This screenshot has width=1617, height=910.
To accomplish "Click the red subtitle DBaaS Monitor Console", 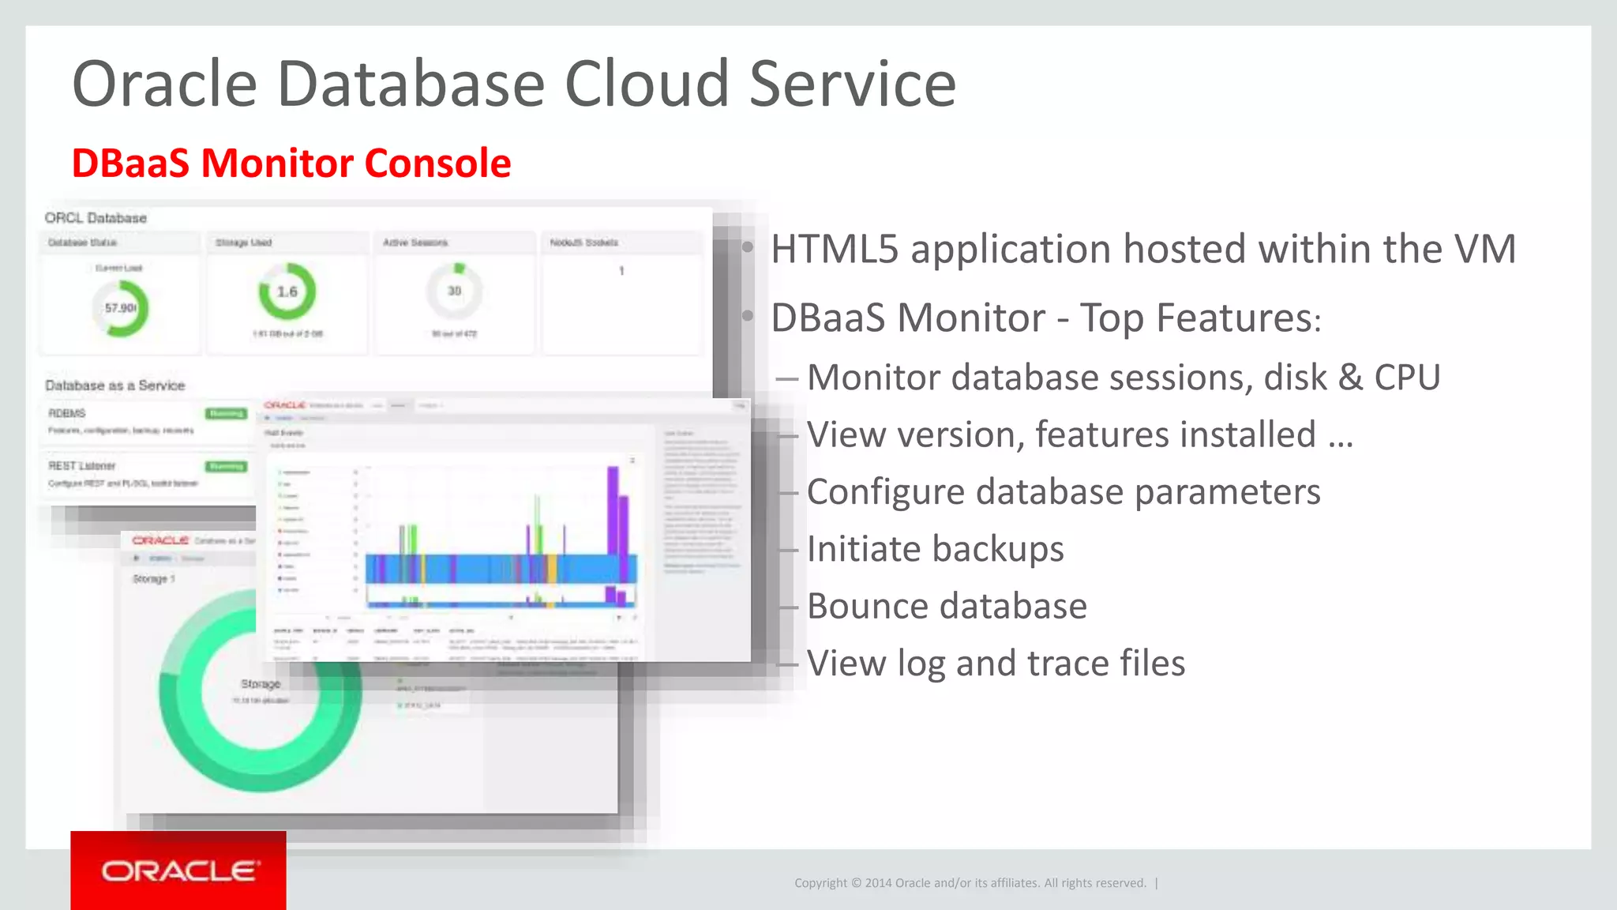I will [x=291, y=164].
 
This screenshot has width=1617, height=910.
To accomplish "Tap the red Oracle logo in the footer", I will [x=178, y=871].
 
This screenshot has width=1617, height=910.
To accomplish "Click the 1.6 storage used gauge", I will [x=287, y=291].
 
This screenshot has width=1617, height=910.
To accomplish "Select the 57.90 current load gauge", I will [x=121, y=308].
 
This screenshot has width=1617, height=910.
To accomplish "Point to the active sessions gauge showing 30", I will [x=454, y=291].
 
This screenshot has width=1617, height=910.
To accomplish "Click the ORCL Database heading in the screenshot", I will [x=96, y=218].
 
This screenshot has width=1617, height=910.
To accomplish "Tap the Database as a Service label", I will [x=114, y=385].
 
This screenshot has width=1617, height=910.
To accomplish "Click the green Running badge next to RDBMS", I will [x=227, y=413].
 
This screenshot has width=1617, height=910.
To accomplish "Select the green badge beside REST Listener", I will [x=227, y=466].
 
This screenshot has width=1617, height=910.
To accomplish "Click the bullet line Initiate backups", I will [x=935, y=549].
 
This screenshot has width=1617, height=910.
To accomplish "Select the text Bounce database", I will [x=946, y=607].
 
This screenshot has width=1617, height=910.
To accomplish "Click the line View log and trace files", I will [x=995, y=664].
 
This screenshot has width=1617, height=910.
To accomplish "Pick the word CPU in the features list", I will [x=1407, y=378].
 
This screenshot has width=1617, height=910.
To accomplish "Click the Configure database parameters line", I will [x=1063, y=492].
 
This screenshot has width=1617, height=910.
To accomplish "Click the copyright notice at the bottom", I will [x=970, y=883].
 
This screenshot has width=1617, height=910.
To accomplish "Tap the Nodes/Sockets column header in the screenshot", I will [x=583, y=243].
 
